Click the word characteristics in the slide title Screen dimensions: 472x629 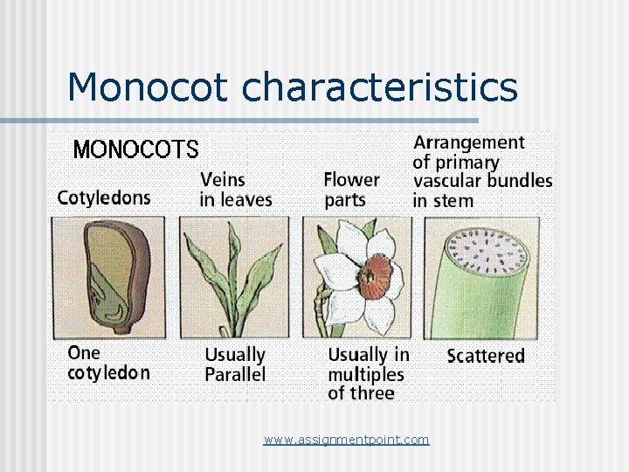click(379, 87)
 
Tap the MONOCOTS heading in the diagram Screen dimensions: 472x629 click(135, 149)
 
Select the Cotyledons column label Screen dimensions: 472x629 click(104, 198)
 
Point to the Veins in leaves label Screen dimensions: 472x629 click(236, 190)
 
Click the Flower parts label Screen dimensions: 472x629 click(351, 190)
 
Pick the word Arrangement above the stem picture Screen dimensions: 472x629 click(469, 142)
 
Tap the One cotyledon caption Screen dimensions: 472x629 click(108, 363)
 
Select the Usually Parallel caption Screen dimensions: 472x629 click(235, 364)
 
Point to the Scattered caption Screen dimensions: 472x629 click(486, 356)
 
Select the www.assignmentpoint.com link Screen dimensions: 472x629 click(347, 440)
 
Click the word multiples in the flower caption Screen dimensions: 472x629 click(366, 374)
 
